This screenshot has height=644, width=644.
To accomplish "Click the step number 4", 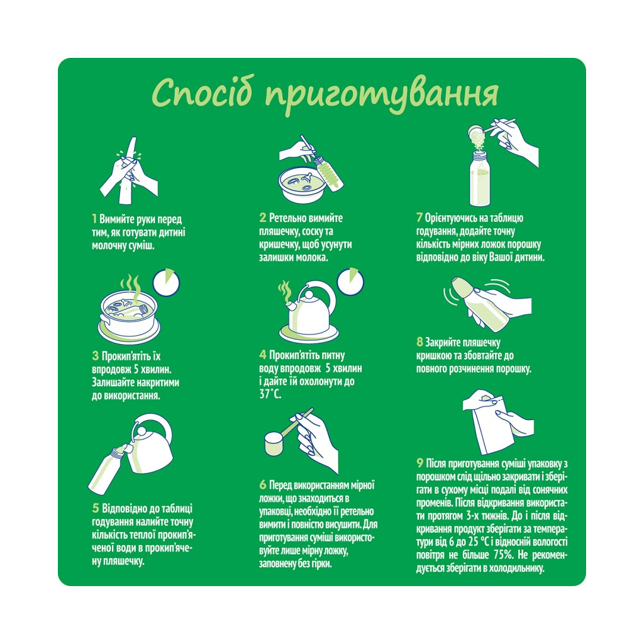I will coord(262,355).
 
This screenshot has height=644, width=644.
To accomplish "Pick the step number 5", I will coord(95,508).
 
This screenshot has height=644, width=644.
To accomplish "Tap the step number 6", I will coord(262,486).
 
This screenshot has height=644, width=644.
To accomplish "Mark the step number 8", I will coord(419,343).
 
